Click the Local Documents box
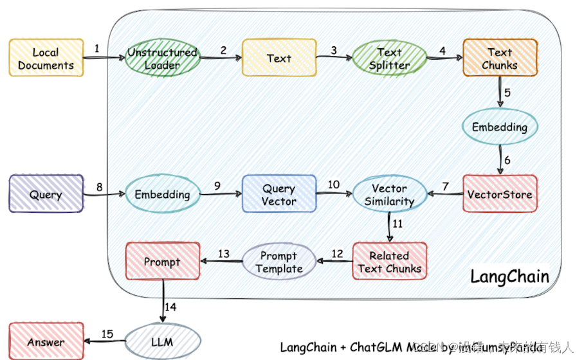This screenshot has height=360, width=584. coord(46,59)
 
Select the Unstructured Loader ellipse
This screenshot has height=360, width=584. coord(162,59)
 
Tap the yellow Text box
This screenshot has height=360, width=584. coord(279,59)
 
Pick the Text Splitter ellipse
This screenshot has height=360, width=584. coord(389,59)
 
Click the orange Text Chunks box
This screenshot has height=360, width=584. coord(500,59)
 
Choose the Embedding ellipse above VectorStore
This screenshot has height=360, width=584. coord(500,127)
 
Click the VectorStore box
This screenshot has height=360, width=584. coord(500,194)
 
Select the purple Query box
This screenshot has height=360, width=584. coord(46,194)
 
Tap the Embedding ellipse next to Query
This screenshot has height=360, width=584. coord(162,194)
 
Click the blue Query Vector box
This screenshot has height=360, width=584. coord(279,194)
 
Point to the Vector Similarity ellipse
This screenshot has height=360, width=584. coord(389,194)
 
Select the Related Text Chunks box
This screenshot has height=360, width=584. coord(389,262)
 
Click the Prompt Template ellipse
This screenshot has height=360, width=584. coord(279,262)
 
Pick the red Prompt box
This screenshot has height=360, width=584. coord(163,262)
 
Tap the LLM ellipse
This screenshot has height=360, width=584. coord(162,341)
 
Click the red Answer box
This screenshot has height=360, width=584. coord(46,341)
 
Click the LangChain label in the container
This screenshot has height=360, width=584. coord(509,277)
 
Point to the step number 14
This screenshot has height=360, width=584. coord(170,307)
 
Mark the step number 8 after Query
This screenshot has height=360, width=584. coord(99,187)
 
